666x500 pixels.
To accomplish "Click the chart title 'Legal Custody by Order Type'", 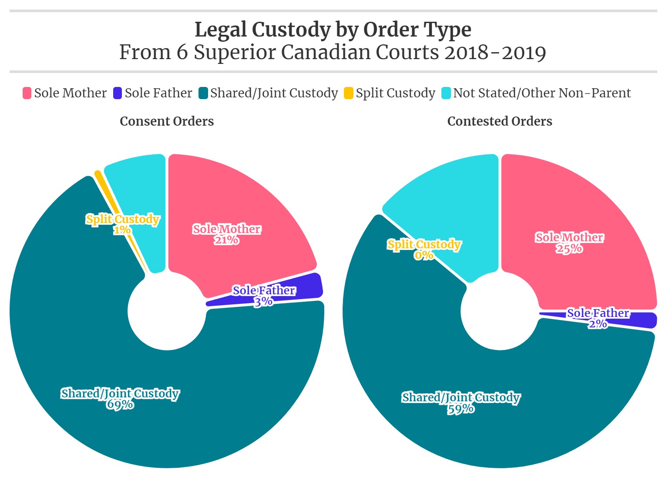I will (x=333, y=30).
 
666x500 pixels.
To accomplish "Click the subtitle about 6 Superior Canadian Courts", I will (x=333, y=52).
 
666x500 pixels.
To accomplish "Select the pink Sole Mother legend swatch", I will (x=27, y=93).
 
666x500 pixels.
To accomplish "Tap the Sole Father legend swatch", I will (x=117, y=93).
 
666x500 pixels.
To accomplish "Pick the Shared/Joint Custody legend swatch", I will (x=203, y=93).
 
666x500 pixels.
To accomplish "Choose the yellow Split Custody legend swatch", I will (x=348, y=93).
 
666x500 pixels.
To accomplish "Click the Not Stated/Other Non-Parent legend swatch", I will (x=446, y=93).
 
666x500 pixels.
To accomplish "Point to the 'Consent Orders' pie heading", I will (x=167, y=121).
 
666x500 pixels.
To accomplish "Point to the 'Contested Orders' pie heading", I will (x=500, y=121).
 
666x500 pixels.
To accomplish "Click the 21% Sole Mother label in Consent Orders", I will (x=226, y=234).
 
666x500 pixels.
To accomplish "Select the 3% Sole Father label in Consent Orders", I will (x=264, y=296).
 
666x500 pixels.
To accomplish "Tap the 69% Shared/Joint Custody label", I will (x=120, y=399).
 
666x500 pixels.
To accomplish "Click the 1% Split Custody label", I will (x=122, y=224).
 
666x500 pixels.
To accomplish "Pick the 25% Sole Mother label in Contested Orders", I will (x=569, y=243).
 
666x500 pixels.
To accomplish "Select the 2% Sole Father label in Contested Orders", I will (x=598, y=318).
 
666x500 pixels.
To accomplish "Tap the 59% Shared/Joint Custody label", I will (x=461, y=403).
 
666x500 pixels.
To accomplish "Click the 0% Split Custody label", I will (x=424, y=250).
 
